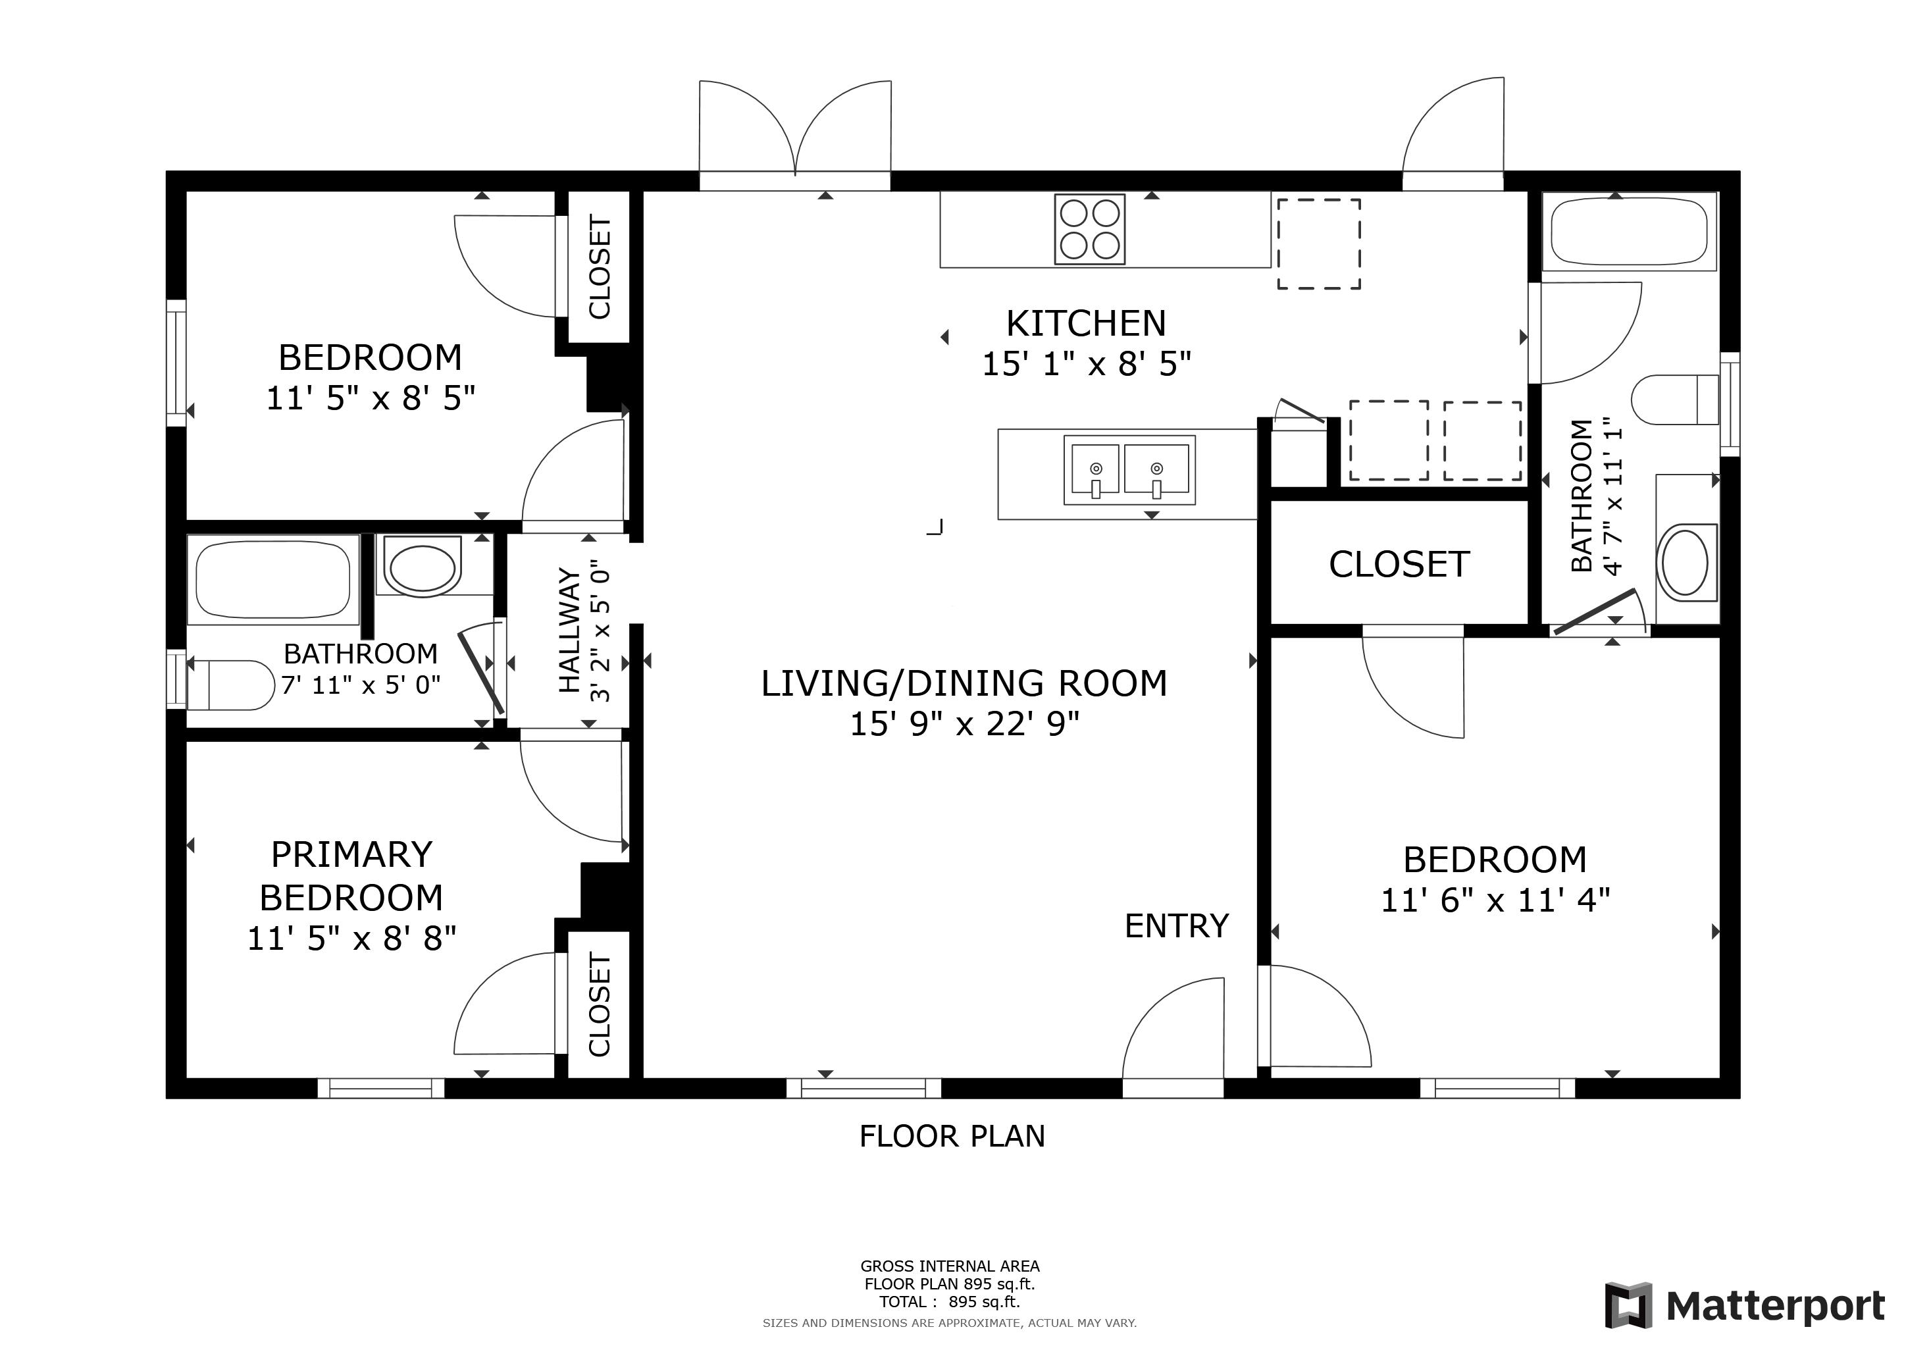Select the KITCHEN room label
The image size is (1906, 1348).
(1086, 323)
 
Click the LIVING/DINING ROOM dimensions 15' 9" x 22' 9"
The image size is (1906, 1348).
(965, 724)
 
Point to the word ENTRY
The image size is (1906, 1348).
(1176, 925)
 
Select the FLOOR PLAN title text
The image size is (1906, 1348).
(952, 1135)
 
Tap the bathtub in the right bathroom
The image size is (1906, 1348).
(1629, 232)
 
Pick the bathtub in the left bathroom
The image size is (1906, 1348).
(274, 579)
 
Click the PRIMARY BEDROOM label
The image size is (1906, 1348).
(351, 875)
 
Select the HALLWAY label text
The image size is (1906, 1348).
(569, 630)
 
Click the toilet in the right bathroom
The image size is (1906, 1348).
(1674, 400)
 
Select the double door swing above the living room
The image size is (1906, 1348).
(795, 128)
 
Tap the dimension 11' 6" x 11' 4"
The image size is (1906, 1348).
(1495, 900)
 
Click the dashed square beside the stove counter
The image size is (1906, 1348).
(1318, 244)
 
